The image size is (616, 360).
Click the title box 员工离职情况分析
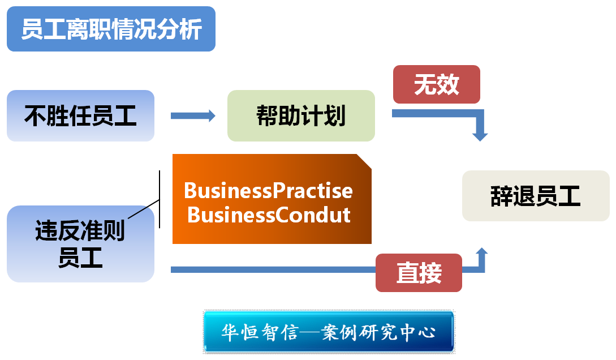pos(111,29)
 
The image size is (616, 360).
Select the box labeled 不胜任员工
pos(80,116)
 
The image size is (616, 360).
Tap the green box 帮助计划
pos(301,116)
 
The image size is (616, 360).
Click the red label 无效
pos(436,85)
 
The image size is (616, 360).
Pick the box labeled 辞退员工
pos(535,196)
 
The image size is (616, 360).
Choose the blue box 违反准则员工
pos(80,244)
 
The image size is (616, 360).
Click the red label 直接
pos(419,273)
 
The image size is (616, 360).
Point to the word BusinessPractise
pos(268,191)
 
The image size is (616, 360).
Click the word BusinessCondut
pos(269,215)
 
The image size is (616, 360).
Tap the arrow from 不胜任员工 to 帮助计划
pos(193,116)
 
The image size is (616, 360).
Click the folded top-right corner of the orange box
pos(364,161)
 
